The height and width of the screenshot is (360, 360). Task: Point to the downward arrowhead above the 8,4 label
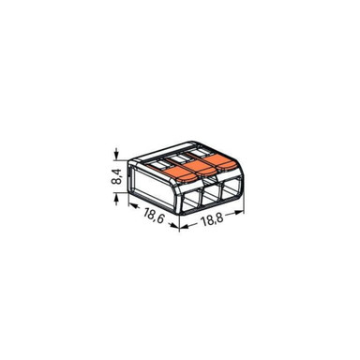[x=115, y=152]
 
